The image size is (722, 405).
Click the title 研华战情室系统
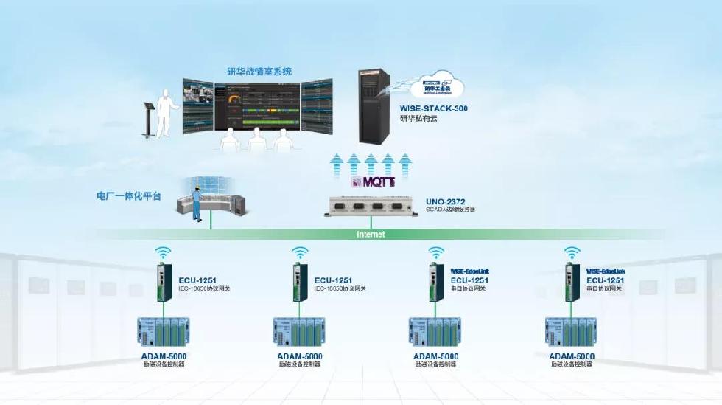click(259, 72)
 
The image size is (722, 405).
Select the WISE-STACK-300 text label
click(434, 108)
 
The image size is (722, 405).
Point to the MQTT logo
click(374, 181)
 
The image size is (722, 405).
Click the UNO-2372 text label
click(445, 200)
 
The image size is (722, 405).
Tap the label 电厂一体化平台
click(129, 196)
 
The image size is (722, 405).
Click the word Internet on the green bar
click(371, 235)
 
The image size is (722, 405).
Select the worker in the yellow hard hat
click(197, 199)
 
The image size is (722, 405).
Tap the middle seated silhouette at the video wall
click(256, 138)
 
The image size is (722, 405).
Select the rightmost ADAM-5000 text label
click(572, 356)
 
